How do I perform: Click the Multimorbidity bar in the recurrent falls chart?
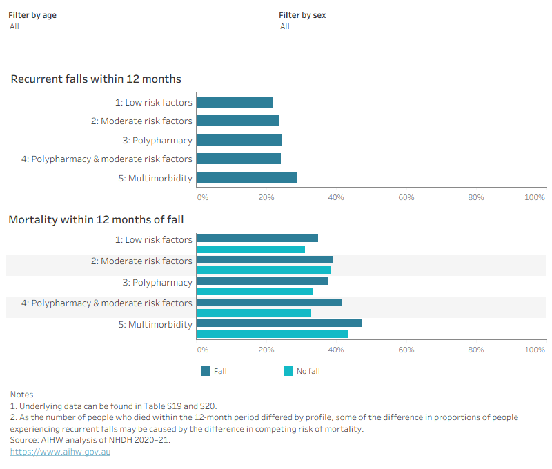point(247,177)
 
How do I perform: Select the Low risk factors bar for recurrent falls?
point(235,102)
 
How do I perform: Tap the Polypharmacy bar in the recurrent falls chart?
point(239,140)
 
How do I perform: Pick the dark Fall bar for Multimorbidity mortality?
point(279,323)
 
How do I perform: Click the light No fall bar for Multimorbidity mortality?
point(273,335)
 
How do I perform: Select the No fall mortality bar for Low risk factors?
point(250,250)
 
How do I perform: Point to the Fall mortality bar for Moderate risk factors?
point(265,259)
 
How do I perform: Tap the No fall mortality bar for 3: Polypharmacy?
point(255,291)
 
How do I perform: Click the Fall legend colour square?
point(206,371)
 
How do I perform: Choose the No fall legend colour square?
point(288,371)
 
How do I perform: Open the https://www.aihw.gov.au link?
point(60,452)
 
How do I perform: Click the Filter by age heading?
point(32,15)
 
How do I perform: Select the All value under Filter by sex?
point(285,26)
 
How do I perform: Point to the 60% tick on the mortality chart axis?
point(406,350)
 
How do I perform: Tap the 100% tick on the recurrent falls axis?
point(535,197)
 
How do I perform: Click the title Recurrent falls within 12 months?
point(96,79)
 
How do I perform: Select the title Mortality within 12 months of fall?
point(96,219)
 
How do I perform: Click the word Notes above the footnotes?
point(22,395)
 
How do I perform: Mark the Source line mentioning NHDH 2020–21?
point(90,440)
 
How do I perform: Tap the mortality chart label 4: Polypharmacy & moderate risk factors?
point(107,303)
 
